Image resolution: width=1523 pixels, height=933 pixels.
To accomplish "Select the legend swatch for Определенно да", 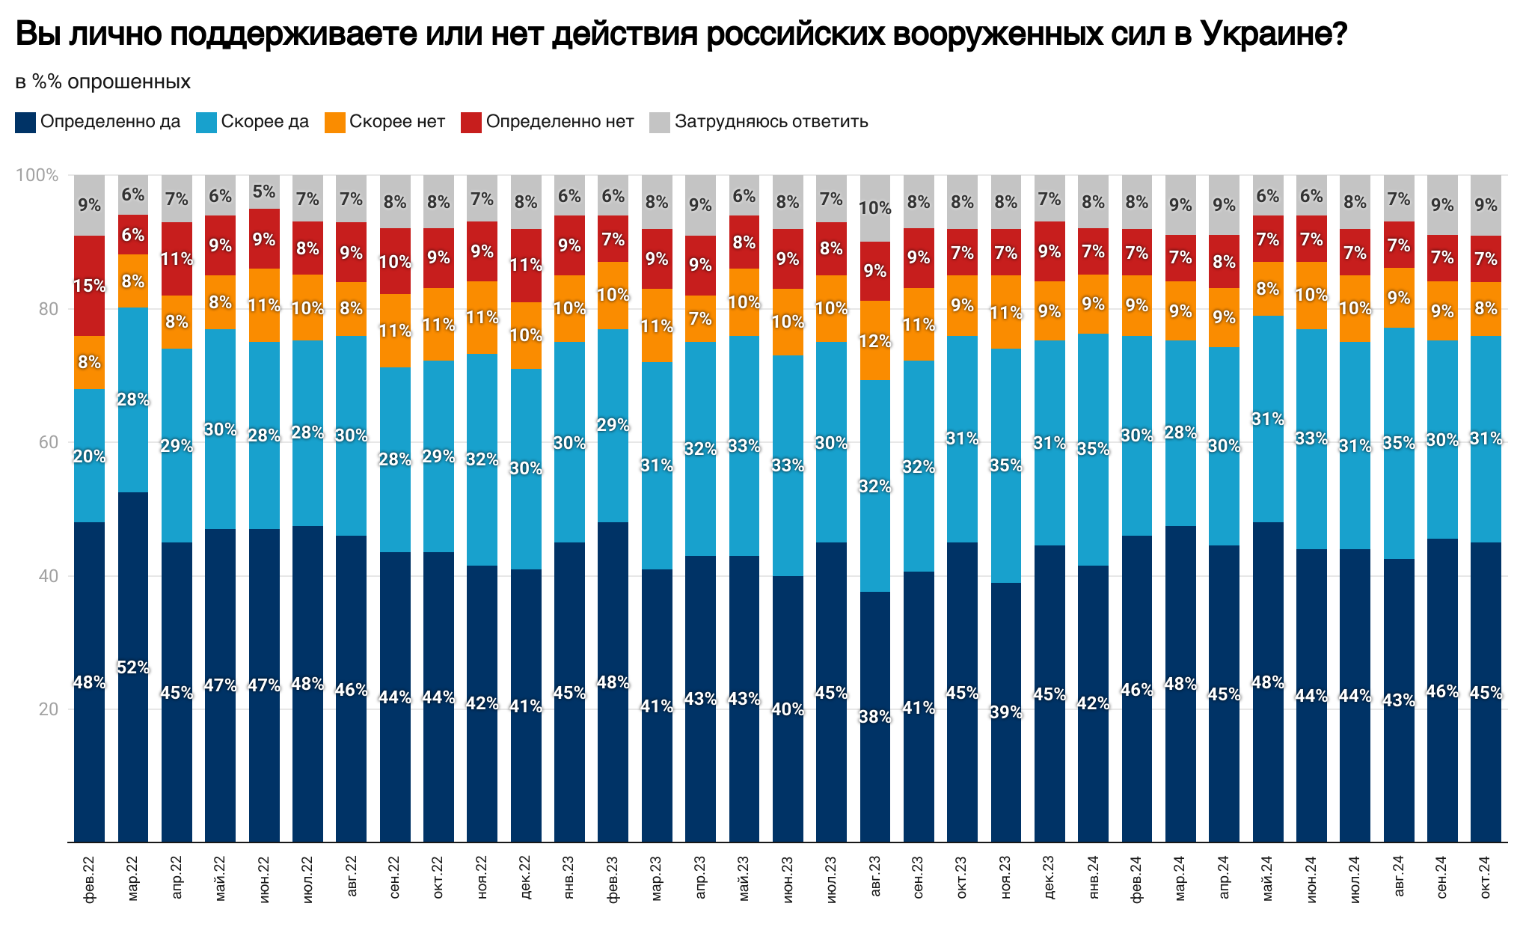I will coord(25,123).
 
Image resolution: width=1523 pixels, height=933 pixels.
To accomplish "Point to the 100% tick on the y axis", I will coord(37,175).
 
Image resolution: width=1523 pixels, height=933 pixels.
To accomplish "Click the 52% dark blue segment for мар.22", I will coord(133,667).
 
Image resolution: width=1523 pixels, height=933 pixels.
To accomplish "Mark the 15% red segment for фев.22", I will coord(89,286).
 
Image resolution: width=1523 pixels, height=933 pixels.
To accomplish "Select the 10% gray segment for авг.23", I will coord(875,208).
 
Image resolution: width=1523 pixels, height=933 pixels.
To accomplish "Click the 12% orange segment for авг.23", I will coord(875,341).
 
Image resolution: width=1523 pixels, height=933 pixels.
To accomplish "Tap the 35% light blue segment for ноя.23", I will coord(1006,465).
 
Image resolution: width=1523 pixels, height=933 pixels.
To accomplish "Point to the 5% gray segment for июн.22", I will coord(264,192).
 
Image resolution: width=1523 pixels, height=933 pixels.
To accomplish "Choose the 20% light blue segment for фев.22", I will coord(89,456).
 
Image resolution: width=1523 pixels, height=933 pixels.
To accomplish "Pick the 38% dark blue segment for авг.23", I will coord(875,717).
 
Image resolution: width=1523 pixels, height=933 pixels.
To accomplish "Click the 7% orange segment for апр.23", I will coord(700,319).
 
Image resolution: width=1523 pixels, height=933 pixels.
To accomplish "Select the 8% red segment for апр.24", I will coord(1224,262).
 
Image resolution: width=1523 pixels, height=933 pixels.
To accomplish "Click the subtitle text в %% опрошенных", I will coord(103,82).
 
